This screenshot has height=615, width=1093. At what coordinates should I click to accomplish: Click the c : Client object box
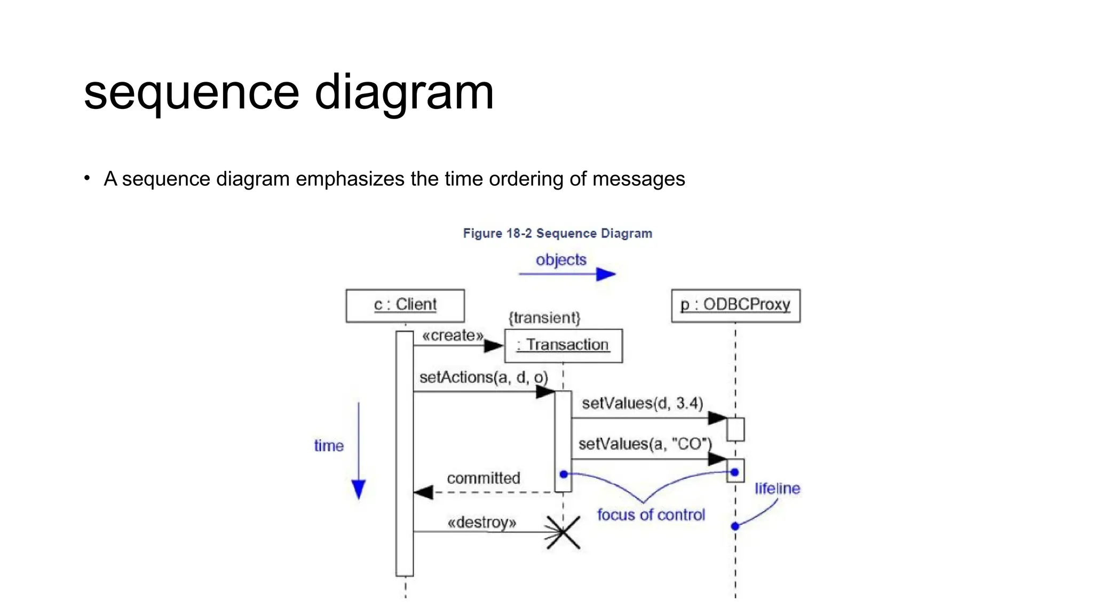405,305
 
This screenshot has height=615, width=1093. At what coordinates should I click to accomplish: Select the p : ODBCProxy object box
735,305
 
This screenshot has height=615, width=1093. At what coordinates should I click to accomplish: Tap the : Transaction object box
563,345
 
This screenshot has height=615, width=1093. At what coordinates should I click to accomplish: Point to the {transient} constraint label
544,318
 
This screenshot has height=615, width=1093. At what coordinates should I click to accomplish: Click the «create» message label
453,335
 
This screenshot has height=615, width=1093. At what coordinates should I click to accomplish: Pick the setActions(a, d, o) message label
484,377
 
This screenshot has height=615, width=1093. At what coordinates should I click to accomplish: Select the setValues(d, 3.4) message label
642,403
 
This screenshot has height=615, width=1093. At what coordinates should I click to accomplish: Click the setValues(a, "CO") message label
645,444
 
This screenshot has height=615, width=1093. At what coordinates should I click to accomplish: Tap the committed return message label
484,478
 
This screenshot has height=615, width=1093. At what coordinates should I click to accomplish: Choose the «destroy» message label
482,522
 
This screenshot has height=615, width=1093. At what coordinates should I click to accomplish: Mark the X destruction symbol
563,532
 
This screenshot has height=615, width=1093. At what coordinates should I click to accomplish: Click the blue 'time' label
329,446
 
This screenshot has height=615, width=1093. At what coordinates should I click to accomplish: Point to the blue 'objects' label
561,260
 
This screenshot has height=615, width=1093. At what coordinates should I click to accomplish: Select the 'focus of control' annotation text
651,515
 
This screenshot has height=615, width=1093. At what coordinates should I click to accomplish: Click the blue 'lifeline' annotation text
777,488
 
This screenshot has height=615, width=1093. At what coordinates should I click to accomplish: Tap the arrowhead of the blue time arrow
359,489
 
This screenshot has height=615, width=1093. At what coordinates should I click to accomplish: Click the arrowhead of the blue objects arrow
606,274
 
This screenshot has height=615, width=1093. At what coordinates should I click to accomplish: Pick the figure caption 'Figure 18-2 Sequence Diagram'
557,233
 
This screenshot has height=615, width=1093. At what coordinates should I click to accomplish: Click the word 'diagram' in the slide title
404,93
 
